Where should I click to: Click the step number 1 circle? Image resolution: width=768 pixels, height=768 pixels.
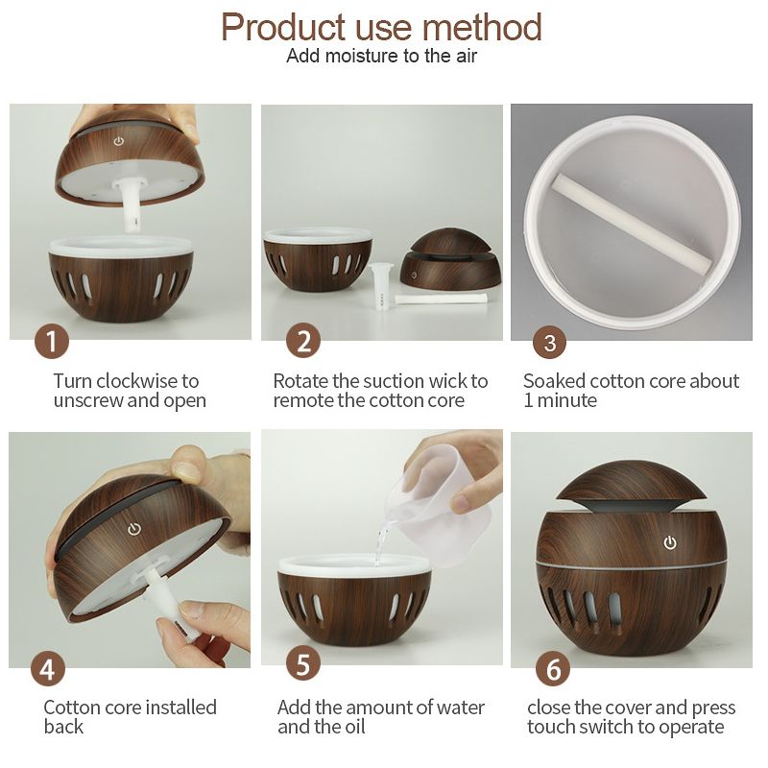pyautogui.click(x=52, y=341)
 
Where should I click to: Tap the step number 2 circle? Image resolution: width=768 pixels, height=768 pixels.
pyautogui.click(x=303, y=341)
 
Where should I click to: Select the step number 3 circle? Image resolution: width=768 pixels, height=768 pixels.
pyautogui.click(x=549, y=343)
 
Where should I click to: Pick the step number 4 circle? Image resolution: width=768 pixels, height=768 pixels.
pyautogui.click(x=48, y=669)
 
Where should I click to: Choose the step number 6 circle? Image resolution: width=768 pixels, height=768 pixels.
pyautogui.click(x=553, y=669)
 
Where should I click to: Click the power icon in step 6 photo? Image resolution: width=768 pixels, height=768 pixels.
pyautogui.click(x=670, y=542)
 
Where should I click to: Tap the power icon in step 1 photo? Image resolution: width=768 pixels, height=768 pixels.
pyautogui.click(x=118, y=141)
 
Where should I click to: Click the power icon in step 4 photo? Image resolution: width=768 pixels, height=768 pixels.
pyautogui.click(x=134, y=529)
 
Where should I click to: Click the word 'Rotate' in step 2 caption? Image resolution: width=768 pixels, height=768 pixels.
pyautogui.click(x=300, y=380)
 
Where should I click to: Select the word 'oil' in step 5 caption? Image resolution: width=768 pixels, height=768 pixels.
pyautogui.click(x=352, y=727)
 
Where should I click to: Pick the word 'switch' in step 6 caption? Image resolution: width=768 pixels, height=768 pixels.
pyautogui.click(x=616, y=727)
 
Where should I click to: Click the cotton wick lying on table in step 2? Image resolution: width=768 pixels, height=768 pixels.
pyautogui.click(x=441, y=299)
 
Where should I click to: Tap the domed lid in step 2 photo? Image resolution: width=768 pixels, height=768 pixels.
pyautogui.click(x=450, y=259)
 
